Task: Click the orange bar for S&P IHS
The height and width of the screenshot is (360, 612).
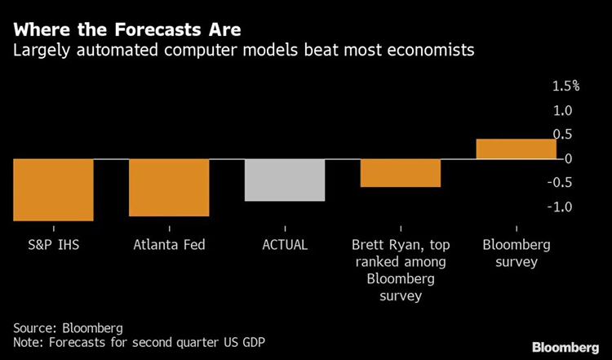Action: point(53,189)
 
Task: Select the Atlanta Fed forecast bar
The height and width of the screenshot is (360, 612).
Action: point(169,187)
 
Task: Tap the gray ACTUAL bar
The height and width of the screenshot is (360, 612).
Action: point(285,180)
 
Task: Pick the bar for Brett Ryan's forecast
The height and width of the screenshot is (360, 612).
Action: point(401,173)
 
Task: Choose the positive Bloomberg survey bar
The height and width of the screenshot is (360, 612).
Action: point(516,149)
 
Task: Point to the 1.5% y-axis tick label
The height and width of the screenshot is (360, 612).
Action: point(565,86)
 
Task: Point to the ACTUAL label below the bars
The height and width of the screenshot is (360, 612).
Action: point(285,244)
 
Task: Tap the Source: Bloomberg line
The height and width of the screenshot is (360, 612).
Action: point(68,328)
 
